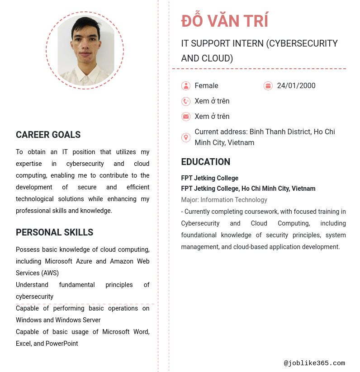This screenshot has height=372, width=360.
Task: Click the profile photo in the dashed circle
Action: (85, 50)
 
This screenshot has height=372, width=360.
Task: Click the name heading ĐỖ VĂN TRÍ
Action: (225, 21)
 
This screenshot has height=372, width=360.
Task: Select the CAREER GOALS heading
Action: (48, 135)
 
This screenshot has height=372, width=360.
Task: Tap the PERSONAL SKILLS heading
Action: (54, 232)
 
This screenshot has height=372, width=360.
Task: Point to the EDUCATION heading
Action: (205, 162)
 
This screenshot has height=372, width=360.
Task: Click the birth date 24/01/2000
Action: (296, 86)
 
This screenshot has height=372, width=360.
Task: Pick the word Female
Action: (206, 86)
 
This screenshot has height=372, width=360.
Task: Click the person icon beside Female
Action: (186, 86)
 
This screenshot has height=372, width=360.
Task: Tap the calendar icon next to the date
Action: (268, 86)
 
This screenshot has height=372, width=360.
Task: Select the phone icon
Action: (186, 101)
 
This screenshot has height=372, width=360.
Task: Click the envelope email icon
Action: (186, 117)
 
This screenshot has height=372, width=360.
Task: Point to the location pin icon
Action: (186, 137)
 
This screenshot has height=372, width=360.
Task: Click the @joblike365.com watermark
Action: (314, 363)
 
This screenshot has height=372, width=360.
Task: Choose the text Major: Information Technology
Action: (224, 200)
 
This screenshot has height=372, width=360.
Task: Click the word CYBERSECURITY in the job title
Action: (301, 43)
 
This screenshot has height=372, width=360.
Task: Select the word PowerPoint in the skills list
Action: (62, 344)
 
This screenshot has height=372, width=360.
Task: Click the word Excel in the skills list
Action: (24, 344)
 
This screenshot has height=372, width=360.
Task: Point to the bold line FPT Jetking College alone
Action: (209, 178)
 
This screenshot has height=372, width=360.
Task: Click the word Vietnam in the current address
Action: (241, 143)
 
